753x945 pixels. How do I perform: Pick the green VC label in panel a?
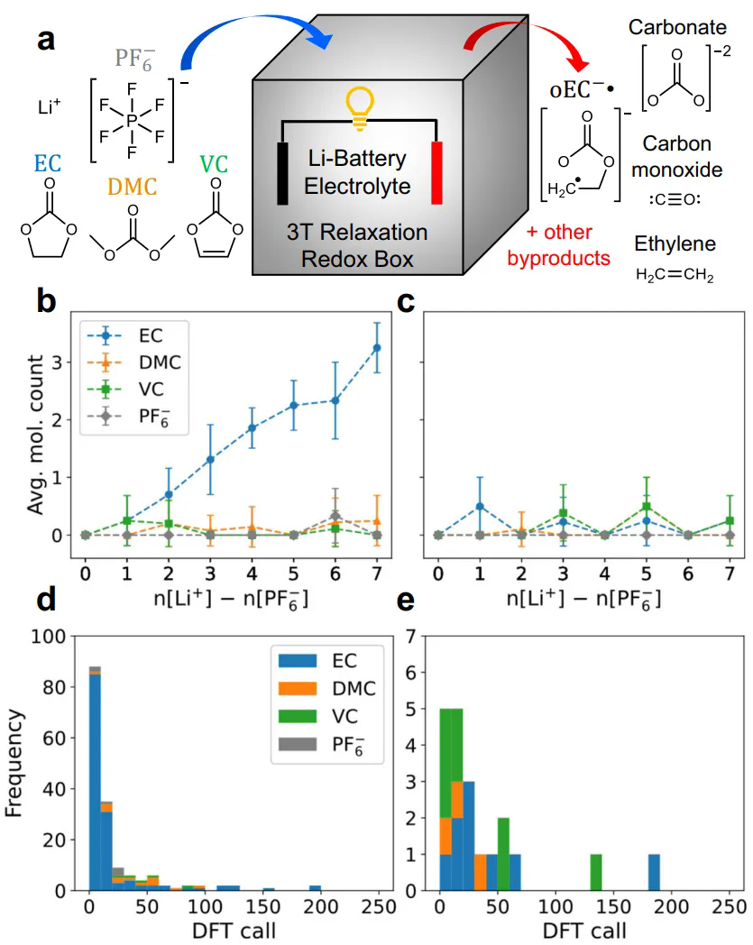(x=214, y=164)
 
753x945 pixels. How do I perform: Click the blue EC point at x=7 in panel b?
(x=376, y=347)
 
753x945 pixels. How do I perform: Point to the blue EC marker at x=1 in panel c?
(x=481, y=506)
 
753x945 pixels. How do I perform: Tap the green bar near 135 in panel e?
(x=596, y=872)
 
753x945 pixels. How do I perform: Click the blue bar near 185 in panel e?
(x=654, y=872)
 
